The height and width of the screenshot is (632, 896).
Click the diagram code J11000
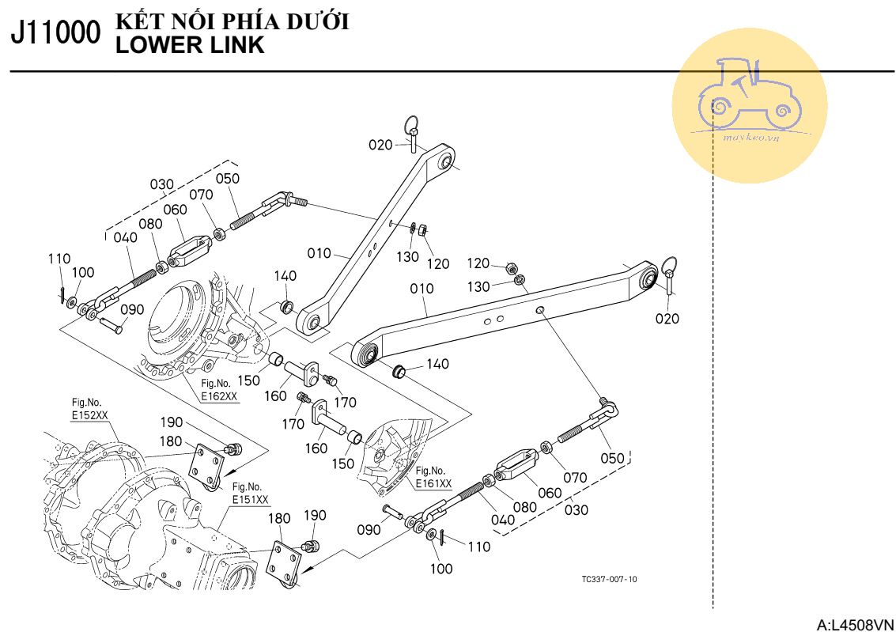(x=55, y=36)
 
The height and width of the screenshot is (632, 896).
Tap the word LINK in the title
(x=236, y=45)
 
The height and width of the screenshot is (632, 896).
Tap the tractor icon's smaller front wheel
(x=781, y=112)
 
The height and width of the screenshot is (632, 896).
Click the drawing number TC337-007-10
(x=609, y=579)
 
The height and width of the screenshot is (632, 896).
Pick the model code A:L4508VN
(x=855, y=625)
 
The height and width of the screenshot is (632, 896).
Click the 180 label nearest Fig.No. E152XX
(x=171, y=441)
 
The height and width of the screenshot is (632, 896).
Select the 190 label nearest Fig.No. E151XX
(x=315, y=516)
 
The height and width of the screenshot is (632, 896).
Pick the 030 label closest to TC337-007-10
(x=577, y=509)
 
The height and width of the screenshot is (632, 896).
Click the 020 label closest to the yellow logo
(x=667, y=318)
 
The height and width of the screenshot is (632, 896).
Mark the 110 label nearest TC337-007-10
(x=478, y=546)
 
